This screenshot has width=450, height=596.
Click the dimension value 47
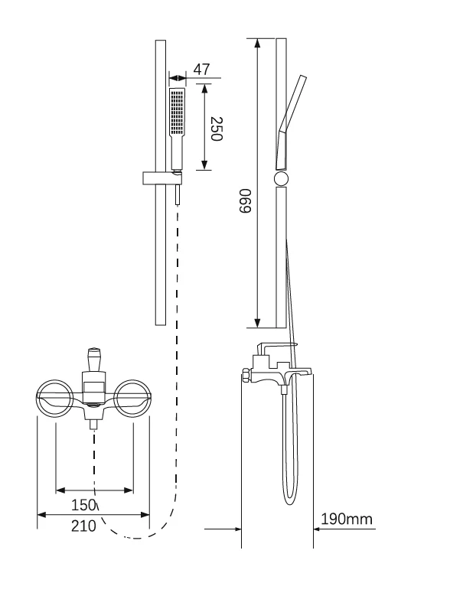pos(201,70)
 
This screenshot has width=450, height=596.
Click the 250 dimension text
pos(216,129)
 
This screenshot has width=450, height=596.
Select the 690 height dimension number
pos(245,200)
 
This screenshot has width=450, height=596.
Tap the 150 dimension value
pos(83,505)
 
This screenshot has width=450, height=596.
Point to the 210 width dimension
pos(83,526)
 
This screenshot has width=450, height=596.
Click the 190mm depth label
pos(347,519)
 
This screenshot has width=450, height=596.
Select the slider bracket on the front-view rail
pos(162,178)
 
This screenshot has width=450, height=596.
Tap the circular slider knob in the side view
pos(282,179)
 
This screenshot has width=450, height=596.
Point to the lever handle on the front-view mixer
pos(93,359)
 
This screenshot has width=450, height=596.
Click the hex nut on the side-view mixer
pos(246,374)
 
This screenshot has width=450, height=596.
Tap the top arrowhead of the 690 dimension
pos(257,43)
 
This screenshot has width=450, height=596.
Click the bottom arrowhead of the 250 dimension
pos(204,165)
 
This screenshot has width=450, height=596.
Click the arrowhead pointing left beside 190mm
pos(318,529)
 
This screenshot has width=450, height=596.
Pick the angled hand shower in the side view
pos(291,122)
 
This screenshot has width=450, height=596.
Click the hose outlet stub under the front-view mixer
pos(93,424)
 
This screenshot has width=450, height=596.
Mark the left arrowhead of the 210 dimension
pos(42,515)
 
